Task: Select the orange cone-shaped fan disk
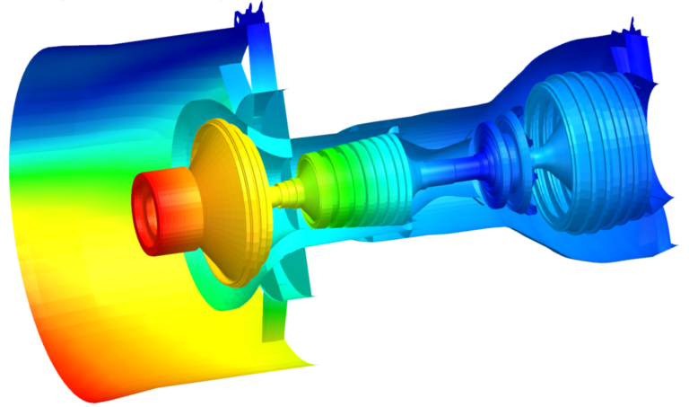pos(224,202)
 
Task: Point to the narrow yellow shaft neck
pos(285,192)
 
